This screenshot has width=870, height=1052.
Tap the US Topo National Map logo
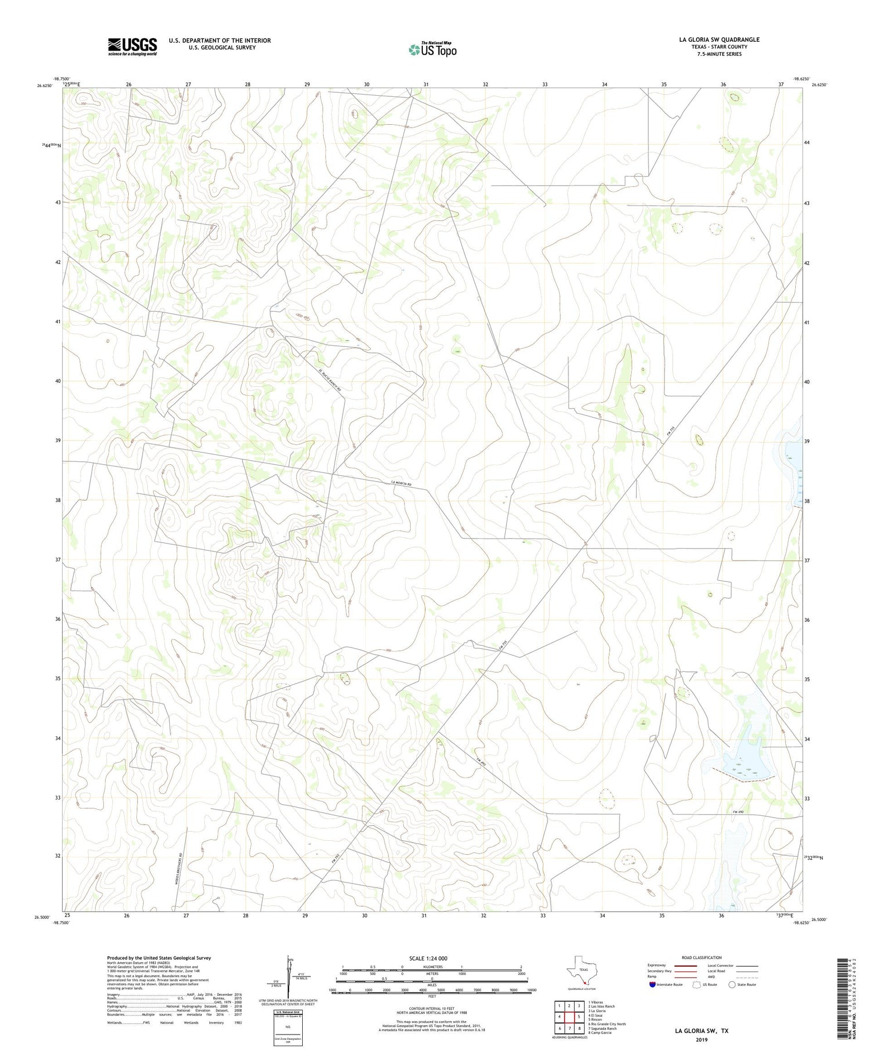[432, 50]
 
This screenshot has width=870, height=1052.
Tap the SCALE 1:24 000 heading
[428, 958]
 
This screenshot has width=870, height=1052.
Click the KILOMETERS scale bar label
[432, 967]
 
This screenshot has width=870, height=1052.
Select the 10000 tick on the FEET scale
[531, 990]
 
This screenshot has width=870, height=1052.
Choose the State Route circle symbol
[732, 985]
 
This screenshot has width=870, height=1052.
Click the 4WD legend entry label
[712, 977]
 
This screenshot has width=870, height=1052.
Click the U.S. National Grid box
[288, 1024]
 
